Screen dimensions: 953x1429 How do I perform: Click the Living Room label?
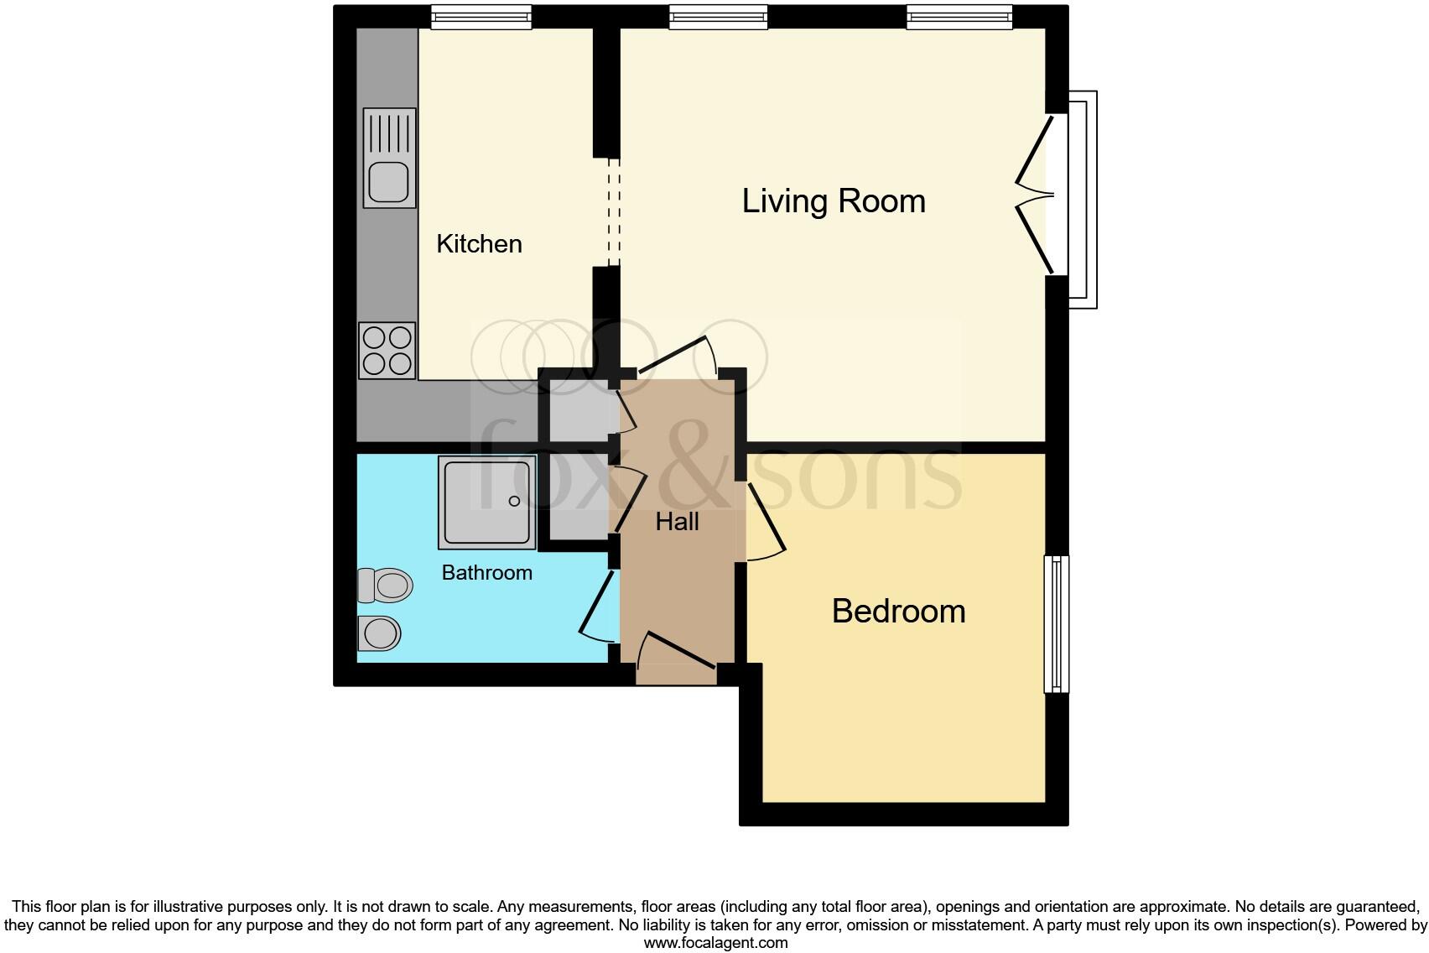833,201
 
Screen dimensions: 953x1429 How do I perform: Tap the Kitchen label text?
479,244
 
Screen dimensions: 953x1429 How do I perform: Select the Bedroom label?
898,611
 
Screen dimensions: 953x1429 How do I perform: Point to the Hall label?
677,522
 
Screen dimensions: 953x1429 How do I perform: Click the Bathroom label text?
486,573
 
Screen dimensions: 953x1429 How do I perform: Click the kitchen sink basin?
387,182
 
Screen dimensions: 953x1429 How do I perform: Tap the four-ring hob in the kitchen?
387,351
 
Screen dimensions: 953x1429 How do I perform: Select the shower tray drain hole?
514,502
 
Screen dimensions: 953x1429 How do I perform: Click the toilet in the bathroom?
387,585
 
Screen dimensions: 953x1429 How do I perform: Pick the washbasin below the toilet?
380,633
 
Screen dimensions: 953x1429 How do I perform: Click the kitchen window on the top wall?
481,17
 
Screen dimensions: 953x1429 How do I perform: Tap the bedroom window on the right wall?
1057,623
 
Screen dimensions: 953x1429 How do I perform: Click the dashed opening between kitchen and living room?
614,212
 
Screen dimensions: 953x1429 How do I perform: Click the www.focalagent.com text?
714,943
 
